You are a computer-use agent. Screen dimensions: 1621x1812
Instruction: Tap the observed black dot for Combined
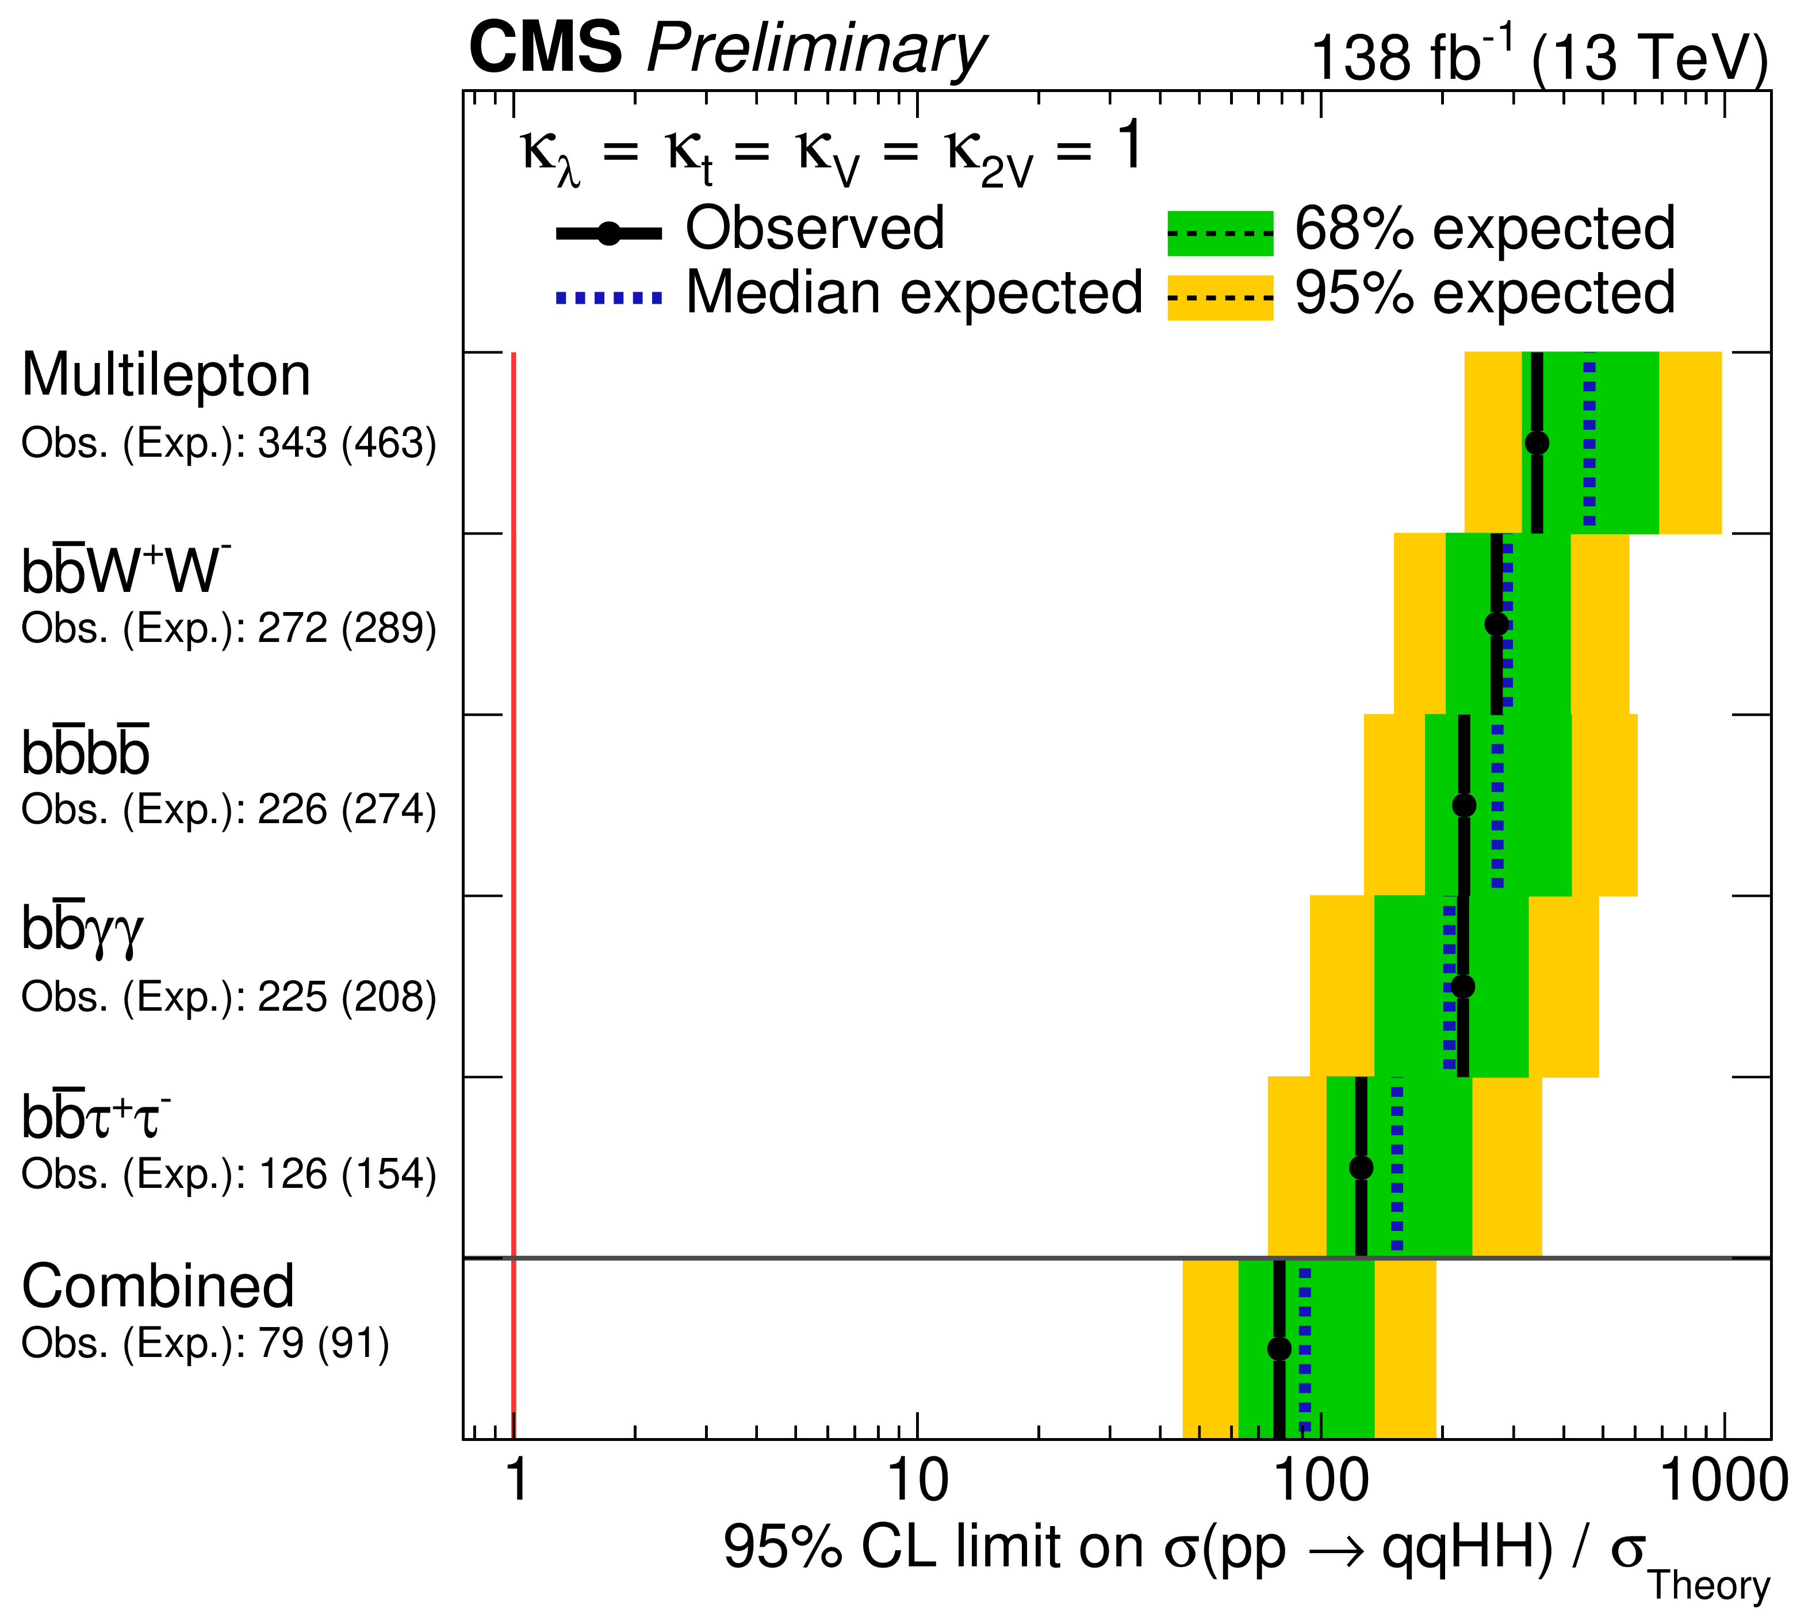[1279, 1348]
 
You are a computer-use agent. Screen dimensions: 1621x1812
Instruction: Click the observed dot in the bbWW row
[1497, 624]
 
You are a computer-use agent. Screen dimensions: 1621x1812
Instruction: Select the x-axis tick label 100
[1321, 1481]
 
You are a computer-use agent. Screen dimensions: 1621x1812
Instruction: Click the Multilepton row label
[167, 375]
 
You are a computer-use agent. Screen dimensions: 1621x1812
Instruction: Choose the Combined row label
[158, 1287]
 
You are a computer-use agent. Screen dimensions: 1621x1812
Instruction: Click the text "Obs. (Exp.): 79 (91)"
[205, 1344]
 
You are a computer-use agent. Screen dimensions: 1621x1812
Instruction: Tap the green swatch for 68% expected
[1220, 234]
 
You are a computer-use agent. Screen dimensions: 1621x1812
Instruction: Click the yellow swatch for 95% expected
[1220, 297]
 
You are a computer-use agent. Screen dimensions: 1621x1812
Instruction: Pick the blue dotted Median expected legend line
[609, 297]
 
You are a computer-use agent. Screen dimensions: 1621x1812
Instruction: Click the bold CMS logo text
[545, 48]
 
